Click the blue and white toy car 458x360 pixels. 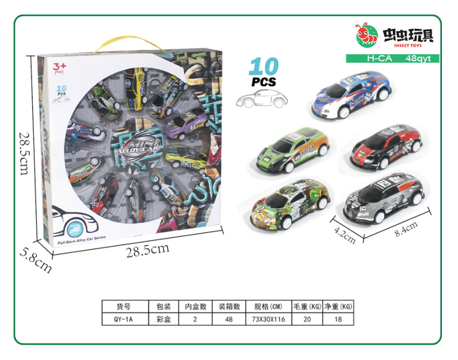pos(352,94)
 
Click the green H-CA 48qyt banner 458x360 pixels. pos(392,58)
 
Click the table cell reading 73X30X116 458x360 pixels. pos(267,319)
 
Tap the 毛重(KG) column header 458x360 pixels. pos(306,307)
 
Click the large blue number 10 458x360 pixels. pos(264,67)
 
